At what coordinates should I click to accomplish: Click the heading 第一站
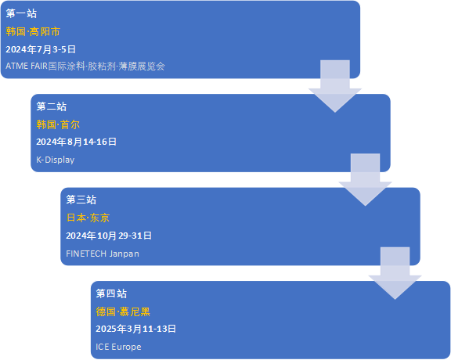tap(21, 13)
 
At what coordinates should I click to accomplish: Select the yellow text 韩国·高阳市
tap(33, 31)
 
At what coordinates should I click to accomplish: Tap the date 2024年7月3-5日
tap(41, 49)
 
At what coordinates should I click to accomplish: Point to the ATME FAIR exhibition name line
tap(85, 67)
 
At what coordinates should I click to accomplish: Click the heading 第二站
tap(52, 106)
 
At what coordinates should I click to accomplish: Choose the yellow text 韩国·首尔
tap(58, 124)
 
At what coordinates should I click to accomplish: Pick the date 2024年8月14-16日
tap(76, 142)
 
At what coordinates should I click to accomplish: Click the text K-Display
tap(56, 160)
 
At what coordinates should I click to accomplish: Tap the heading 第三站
tap(81, 200)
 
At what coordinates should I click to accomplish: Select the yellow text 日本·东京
tap(88, 218)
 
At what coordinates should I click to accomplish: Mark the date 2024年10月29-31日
tap(109, 236)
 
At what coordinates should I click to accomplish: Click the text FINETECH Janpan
tap(103, 254)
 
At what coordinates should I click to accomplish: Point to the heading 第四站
tap(111, 293)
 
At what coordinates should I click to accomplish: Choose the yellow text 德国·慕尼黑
tap(123, 311)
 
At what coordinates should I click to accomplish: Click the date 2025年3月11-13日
tap(135, 329)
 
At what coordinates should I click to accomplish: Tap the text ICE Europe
tap(118, 347)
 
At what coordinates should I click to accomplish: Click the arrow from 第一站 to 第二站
tap(335, 86)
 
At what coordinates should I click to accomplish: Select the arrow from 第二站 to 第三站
tap(366, 180)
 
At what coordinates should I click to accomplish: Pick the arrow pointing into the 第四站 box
tap(395, 273)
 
